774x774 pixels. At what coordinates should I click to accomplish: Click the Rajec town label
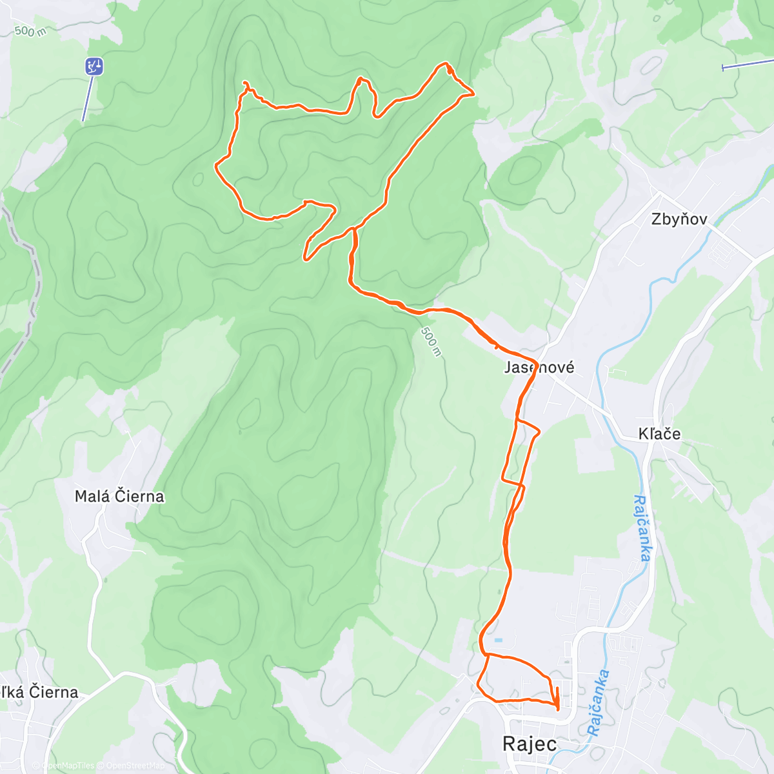[530, 744]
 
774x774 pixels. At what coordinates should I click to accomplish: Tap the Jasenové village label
[539, 368]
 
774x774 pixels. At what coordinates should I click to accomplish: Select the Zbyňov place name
[679, 219]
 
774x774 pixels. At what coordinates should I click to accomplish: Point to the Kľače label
[659, 434]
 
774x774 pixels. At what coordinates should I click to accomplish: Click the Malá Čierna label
[119, 497]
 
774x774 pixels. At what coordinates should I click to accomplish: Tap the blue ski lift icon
[94, 66]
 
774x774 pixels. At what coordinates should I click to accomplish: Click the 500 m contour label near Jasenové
[432, 341]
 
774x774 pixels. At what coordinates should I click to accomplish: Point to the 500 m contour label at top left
[30, 30]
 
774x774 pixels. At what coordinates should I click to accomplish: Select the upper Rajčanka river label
[642, 528]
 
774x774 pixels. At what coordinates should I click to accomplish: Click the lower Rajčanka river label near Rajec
[598, 703]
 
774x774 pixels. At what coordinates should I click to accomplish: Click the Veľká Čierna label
[39, 693]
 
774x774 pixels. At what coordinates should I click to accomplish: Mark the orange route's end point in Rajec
[557, 708]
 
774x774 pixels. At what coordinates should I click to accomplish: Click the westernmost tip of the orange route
[216, 165]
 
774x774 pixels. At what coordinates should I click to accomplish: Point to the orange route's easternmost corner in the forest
[473, 94]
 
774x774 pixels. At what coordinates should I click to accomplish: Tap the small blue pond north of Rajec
[499, 640]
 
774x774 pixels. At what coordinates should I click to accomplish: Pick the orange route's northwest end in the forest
[244, 83]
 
